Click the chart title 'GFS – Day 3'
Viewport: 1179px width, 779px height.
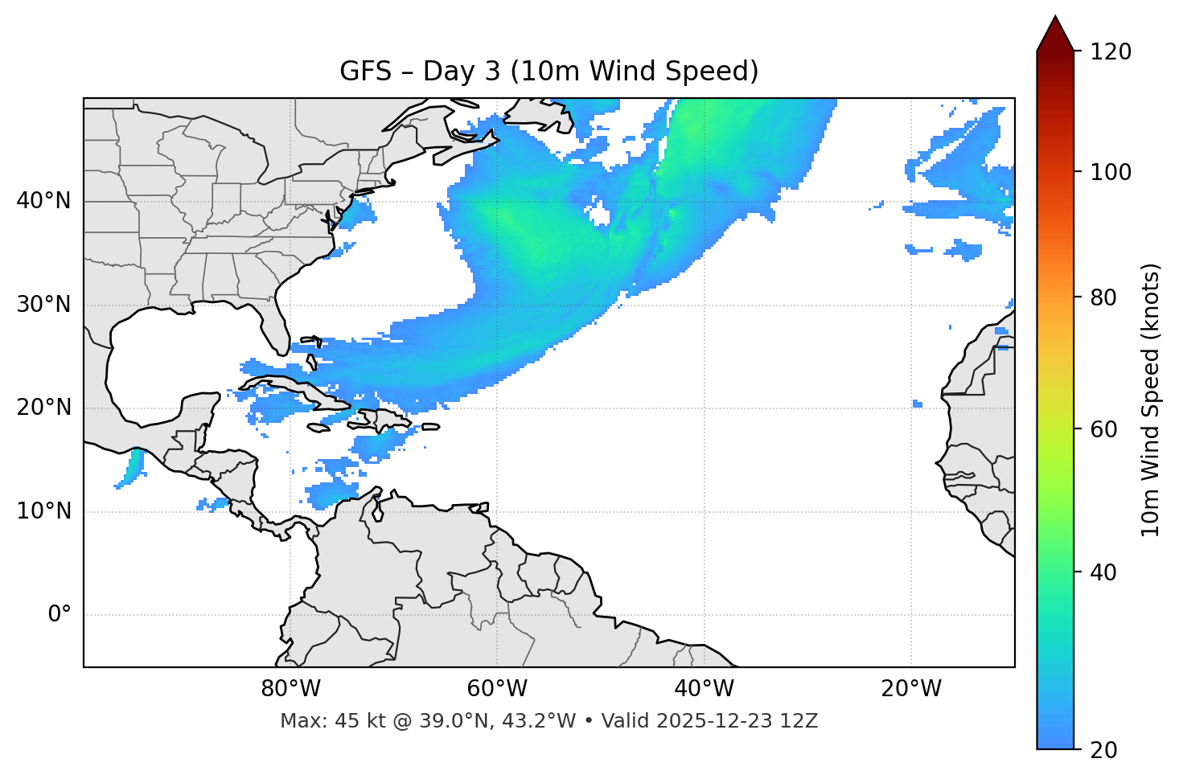[548, 72]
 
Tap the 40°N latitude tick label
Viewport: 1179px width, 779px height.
[43, 201]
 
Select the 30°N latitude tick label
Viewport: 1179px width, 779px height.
[43, 305]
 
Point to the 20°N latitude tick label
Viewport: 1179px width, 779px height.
[43, 408]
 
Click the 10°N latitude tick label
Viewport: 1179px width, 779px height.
[43, 511]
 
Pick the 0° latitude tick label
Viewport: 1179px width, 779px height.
[60, 615]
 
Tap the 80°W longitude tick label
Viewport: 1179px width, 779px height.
[290, 689]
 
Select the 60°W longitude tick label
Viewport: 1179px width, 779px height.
[497, 689]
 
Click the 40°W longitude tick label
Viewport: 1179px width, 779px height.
[704, 689]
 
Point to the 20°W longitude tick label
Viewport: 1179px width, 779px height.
[911, 689]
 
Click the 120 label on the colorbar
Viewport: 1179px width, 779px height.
[1110, 52]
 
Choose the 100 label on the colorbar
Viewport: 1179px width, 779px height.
[1110, 172]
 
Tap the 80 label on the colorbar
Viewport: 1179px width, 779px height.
[1104, 297]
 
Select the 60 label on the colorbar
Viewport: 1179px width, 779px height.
[1104, 429]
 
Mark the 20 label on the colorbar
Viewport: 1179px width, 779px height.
[1104, 750]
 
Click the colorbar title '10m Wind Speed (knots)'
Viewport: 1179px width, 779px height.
[1151, 400]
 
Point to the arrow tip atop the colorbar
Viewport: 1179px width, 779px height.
[1054, 18]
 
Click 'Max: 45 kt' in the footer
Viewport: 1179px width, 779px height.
[315, 721]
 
